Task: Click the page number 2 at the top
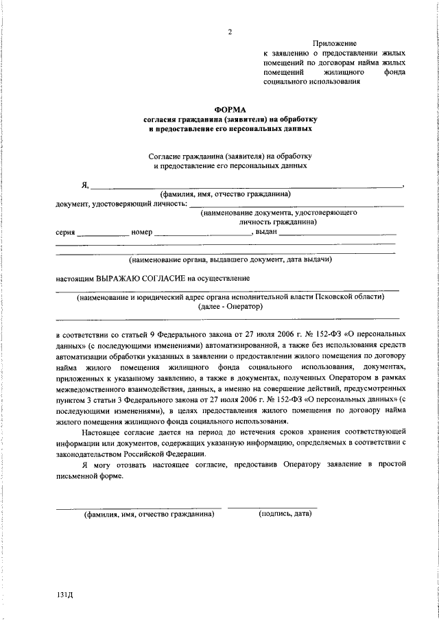coord(230,32)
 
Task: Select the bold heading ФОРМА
coord(230,108)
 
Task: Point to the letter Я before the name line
coord(84,184)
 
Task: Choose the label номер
coord(141,232)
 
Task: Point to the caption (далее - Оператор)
coord(230,307)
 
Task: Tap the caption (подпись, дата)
coord(285,514)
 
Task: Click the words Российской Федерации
coord(145,454)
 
